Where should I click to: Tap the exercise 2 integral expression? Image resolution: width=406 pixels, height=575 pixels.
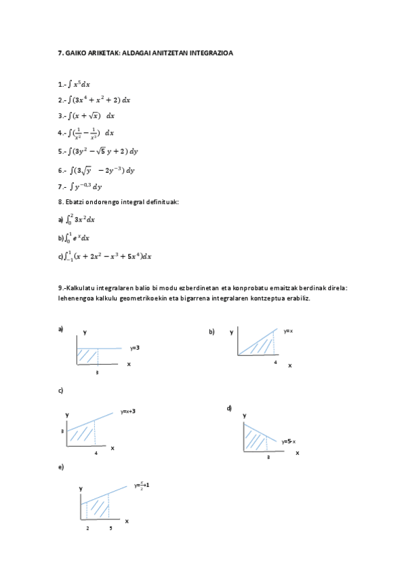point(99,100)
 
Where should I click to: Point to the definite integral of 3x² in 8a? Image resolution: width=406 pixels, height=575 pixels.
point(81,219)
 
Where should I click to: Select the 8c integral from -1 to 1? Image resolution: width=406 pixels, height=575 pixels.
point(108,256)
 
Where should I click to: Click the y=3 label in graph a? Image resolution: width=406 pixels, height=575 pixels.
point(135,348)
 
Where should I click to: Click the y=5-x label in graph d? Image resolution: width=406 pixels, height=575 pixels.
point(289,441)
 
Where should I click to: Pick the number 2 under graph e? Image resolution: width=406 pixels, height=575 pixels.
point(87,528)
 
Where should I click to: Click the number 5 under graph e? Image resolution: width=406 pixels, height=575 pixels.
point(110,528)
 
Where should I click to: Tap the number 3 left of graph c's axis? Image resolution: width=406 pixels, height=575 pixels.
point(62,431)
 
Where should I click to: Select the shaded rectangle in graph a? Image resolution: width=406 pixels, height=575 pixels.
point(87,357)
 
